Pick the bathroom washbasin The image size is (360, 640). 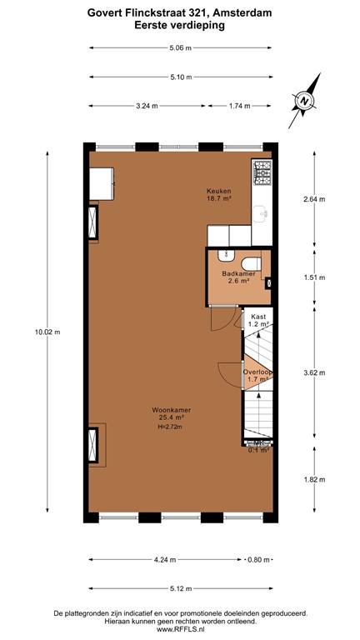[222, 257]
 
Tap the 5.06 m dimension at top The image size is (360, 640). [180, 47]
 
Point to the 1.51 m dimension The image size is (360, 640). [312, 277]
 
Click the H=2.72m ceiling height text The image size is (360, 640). [169, 427]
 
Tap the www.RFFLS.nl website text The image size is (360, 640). [180, 630]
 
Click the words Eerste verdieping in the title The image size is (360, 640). [180, 26]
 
